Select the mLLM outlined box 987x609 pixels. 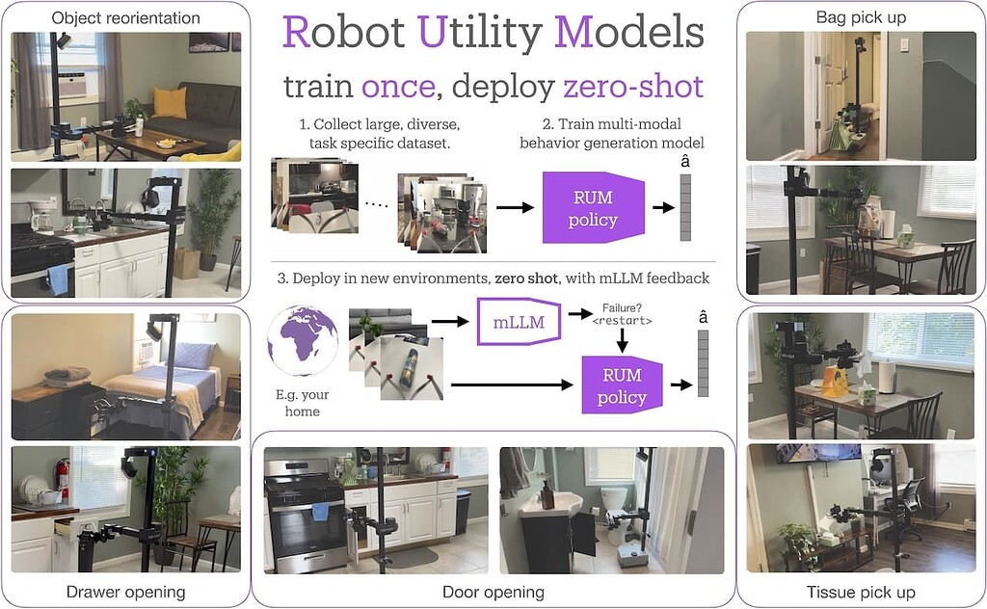click(519, 322)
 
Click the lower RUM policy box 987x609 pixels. click(623, 384)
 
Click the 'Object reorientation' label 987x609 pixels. click(125, 17)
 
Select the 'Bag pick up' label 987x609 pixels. click(860, 17)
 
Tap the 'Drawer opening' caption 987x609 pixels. click(125, 591)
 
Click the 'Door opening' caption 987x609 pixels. click(493, 591)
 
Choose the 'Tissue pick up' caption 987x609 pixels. click(860, 591)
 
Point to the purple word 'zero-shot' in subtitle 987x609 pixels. click(632, 86)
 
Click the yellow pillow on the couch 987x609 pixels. click(170, 102)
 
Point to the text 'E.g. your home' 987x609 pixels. click(302, 403)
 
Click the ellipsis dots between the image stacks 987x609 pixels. click(377, 205)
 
